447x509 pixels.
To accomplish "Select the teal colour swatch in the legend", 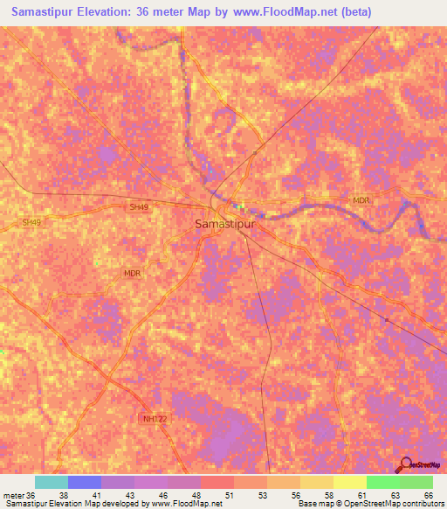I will point(52,482).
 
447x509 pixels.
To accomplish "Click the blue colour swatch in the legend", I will point(85,482).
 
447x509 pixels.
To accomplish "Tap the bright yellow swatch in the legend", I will point(350,482).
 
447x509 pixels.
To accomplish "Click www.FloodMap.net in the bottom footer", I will point(186,504).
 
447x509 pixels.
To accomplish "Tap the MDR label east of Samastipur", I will point(361,200).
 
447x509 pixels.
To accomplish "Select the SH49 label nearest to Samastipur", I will point(140,207).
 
